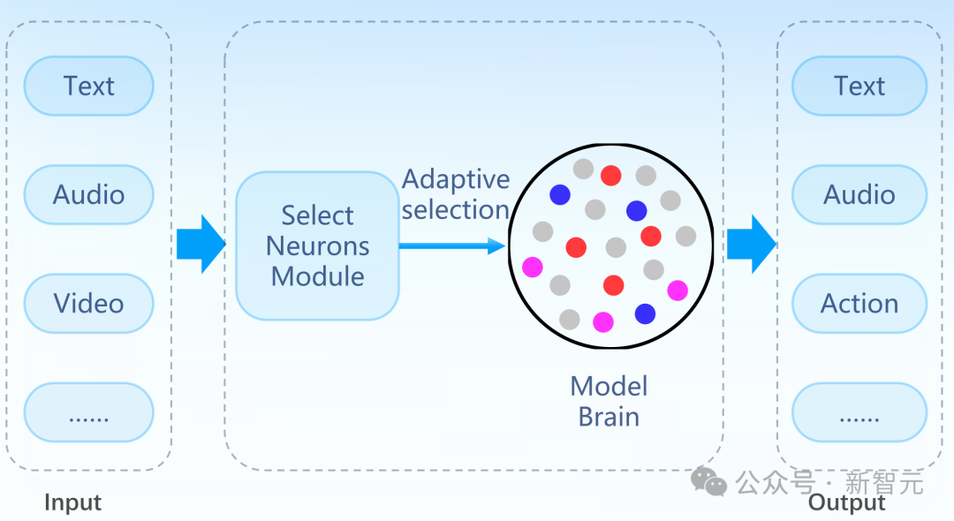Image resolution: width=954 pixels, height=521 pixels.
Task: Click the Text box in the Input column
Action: (x=89, y=86)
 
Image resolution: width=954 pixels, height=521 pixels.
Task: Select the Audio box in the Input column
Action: (x=89, y=194)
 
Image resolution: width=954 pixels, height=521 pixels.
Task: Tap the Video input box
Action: (x=89, y=304)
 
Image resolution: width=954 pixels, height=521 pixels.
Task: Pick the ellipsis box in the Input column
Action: (x=89, y=412)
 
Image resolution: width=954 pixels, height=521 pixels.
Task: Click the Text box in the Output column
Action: (x=859, y=86)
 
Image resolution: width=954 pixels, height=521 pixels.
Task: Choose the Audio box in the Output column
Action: (x=859, y=194)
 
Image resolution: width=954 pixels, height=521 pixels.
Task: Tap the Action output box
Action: (x=859, y=304)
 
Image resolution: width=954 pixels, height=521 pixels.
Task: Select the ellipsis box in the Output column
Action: (x=859, y=412)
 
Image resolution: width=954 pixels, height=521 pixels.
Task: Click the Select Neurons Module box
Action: (x=318, y=245)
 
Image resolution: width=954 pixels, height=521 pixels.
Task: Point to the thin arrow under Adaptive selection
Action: (x=452, y=245)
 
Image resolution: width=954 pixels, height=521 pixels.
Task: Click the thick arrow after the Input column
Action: (x=201, y=244)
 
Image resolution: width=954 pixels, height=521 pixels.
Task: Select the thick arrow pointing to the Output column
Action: (x=752, y=244)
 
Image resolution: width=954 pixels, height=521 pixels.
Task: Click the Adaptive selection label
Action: (x=456, y=194)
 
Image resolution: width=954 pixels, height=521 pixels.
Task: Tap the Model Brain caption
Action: (x=609, y=401)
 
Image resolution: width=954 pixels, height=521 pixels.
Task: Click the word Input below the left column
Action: (x=73, y=502)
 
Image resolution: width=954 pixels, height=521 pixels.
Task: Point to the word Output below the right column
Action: (x=847, y=502)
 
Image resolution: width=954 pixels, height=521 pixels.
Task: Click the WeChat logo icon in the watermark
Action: (x=708, y=481)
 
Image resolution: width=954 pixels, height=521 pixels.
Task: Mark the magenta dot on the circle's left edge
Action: (x=533, y=267)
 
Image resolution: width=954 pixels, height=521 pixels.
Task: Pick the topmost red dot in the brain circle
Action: (x=611, y=176)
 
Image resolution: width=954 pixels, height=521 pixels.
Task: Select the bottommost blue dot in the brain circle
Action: (x=645, y=313)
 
